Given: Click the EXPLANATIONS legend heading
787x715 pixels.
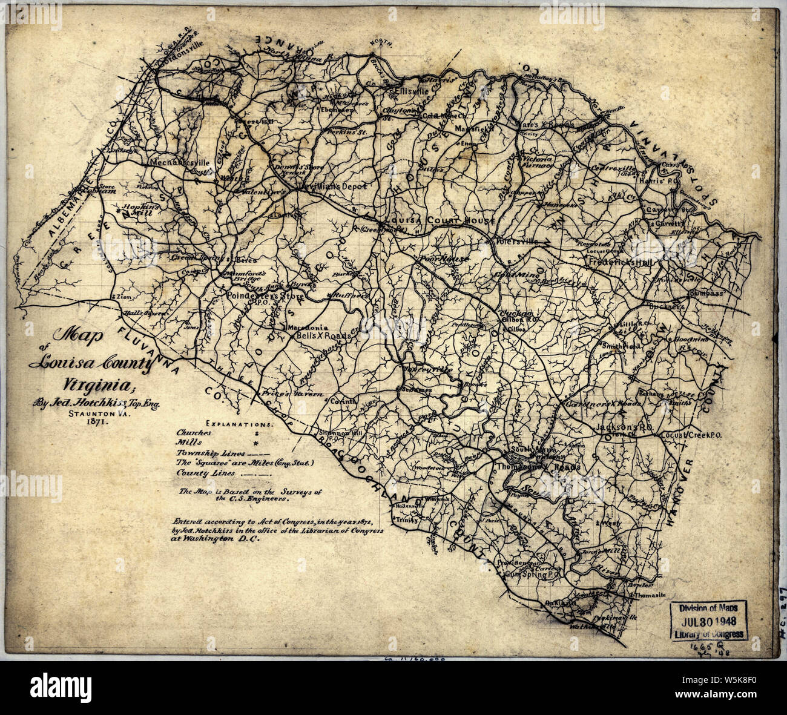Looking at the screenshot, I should (240, 424).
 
